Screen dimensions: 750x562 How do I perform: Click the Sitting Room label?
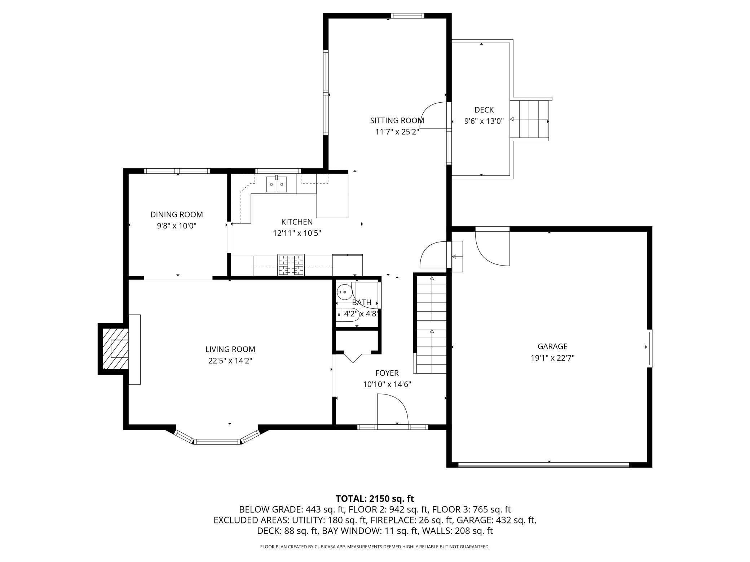(397, 120)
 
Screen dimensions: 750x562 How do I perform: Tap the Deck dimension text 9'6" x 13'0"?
(484, 121)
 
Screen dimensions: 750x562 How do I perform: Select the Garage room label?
(552, 346)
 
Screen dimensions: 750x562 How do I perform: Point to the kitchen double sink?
(277, 184)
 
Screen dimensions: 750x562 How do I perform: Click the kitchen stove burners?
(291, 265)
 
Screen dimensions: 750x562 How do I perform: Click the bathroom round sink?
(344, 291)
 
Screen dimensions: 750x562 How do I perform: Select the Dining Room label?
(177, 214)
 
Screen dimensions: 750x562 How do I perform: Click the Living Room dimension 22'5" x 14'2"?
(230, 361)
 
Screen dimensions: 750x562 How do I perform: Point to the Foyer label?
(387, 373)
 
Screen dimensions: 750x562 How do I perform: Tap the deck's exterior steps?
(529, 120)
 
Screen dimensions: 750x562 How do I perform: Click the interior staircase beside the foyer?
(431, 324)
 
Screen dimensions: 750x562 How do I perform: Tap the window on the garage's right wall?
(649, 348)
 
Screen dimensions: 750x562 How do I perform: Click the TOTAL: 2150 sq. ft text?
(375, 499)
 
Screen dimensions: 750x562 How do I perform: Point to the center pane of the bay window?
(217, 442)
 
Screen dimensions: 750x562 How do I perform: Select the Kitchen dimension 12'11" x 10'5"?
(297, 233)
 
